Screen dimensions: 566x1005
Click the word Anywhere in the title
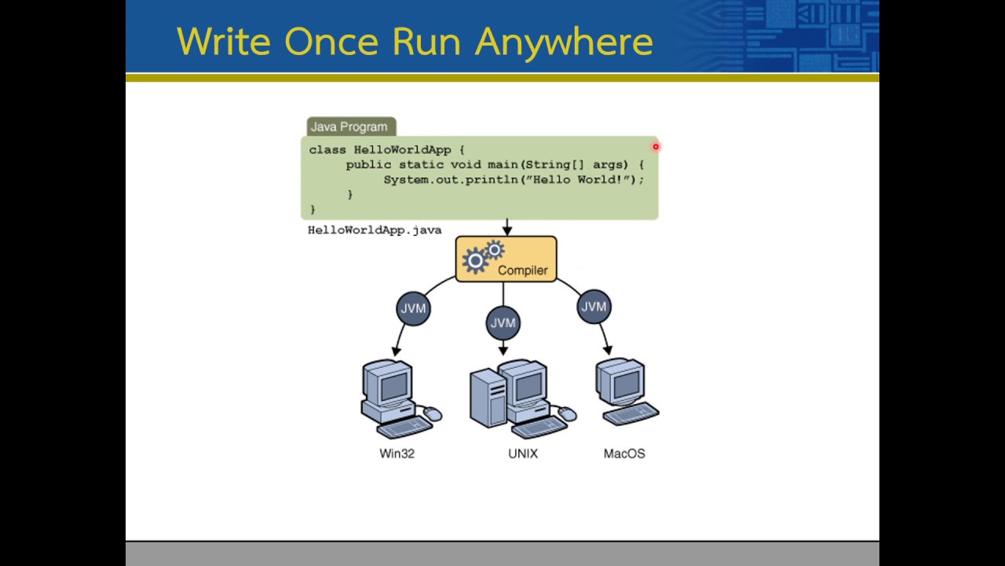point(563,42)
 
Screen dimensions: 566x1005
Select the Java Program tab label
point(349,127)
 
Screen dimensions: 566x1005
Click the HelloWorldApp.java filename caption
point(375,230)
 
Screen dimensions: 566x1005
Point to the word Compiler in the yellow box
point(522,270)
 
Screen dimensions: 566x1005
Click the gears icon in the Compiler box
point(481,258)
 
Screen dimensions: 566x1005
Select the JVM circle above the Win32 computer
point(413,308)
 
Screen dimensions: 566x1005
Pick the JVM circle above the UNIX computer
point(502,323)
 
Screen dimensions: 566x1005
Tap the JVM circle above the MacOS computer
point(594,307)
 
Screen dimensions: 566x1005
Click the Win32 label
point(397,454)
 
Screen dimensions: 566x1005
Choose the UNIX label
point(522,454)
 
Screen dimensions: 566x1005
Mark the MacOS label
point(624,454)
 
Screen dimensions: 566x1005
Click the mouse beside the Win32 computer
point(432,413)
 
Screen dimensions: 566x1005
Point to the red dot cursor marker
point(656,146)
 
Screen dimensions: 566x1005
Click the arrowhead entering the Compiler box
point(507,230)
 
